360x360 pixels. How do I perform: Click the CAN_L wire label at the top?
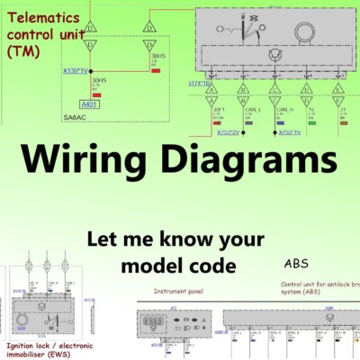click(249, 109)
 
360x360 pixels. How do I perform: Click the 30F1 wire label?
click(217, 109)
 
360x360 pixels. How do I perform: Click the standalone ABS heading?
click(296, 264)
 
